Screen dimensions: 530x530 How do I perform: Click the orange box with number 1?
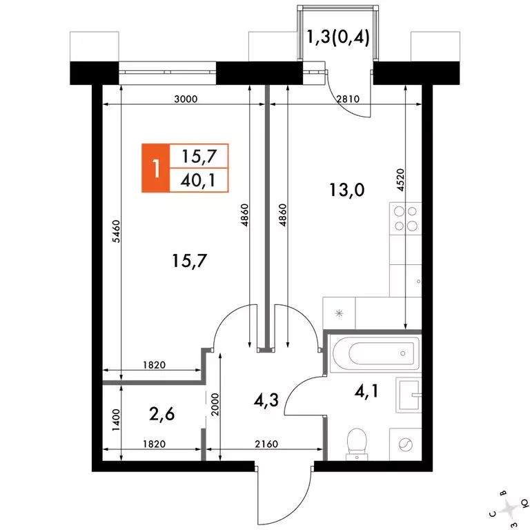(155, 168)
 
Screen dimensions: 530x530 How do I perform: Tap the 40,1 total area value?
(198, 181)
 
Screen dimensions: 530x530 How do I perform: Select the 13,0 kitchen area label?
(347, 190)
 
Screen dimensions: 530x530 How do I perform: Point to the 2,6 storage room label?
(161, 414)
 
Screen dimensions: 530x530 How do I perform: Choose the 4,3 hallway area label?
(266, 400)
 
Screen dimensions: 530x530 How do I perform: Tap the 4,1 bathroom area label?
(366, 391)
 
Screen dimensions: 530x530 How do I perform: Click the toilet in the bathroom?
(357, 444)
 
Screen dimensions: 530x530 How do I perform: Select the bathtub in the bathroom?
(375, 353)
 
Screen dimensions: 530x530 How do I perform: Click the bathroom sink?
(409, 395)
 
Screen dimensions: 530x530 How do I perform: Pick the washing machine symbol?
(405, 444)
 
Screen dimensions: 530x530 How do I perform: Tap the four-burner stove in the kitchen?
(406, 218)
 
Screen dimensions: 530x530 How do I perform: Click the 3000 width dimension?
(186, 99)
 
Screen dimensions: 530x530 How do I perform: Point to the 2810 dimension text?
(348, 99)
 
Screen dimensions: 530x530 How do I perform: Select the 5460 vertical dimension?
(116, 231)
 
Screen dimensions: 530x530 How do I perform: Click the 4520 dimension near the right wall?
(400, 180)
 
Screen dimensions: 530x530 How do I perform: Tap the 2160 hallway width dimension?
(266, 444)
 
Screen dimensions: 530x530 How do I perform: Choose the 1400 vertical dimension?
(116, 420)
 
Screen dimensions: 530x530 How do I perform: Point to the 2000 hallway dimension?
(215, 404)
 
